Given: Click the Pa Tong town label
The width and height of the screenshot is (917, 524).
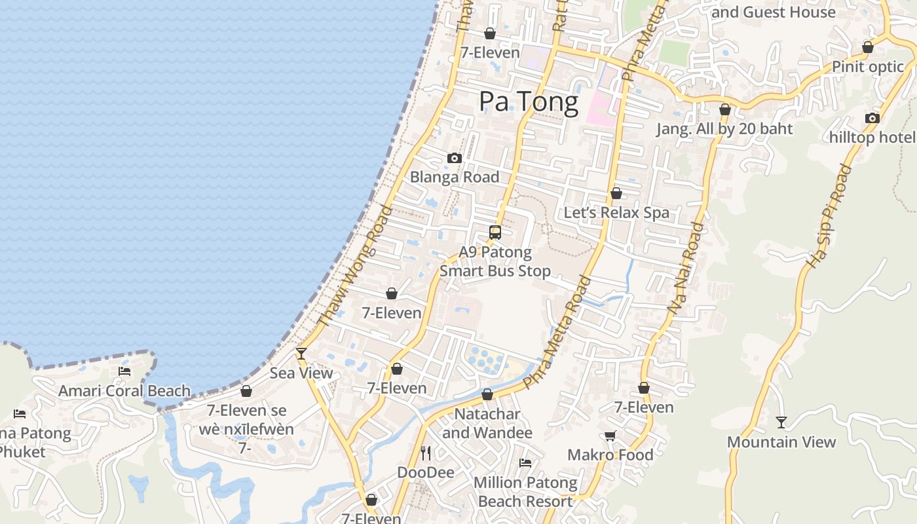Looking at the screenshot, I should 529,102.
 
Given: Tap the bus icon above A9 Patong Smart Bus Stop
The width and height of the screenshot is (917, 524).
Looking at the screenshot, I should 495,233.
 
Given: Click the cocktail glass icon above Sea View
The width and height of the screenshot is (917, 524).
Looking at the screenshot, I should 301,354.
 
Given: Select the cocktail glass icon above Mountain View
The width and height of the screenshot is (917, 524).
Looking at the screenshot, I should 781,422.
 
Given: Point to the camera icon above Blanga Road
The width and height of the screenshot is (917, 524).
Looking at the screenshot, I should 454,158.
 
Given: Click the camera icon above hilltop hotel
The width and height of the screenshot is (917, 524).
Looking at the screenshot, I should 872,119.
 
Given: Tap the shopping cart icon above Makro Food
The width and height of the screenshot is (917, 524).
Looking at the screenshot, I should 610,436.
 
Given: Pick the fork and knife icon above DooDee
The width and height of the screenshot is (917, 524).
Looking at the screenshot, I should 426,453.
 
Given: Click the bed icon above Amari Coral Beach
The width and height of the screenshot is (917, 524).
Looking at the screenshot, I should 124,371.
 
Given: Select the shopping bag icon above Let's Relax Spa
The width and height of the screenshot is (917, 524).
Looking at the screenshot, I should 616,193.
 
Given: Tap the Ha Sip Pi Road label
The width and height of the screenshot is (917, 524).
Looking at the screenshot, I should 829,217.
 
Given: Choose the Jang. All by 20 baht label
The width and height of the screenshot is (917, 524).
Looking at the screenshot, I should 724,129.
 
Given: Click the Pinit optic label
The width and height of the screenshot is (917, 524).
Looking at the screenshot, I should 867,67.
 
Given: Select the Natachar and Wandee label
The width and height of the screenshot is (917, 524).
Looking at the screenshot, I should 487,423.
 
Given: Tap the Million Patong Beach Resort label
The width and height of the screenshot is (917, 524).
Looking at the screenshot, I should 525,492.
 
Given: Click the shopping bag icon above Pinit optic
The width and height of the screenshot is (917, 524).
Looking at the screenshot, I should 868,48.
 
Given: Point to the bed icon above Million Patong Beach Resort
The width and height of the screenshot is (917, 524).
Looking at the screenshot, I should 525,463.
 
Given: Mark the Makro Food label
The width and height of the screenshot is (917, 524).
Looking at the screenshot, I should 610,455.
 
